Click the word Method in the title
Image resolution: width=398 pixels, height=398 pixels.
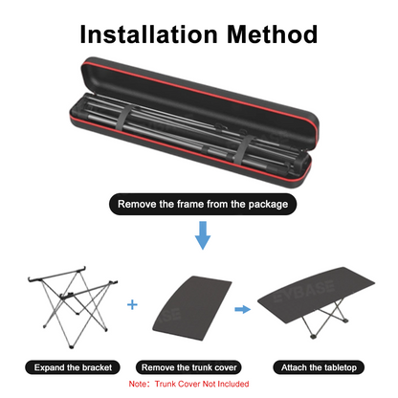[x=270, y=35]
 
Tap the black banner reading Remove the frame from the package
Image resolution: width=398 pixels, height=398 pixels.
[x=198, y=204]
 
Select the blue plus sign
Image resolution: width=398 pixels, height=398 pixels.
[x=132, y=303]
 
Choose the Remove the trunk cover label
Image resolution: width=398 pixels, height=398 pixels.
[x=199, y=367]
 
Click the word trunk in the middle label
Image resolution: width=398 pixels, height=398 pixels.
[x=203, y=367]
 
